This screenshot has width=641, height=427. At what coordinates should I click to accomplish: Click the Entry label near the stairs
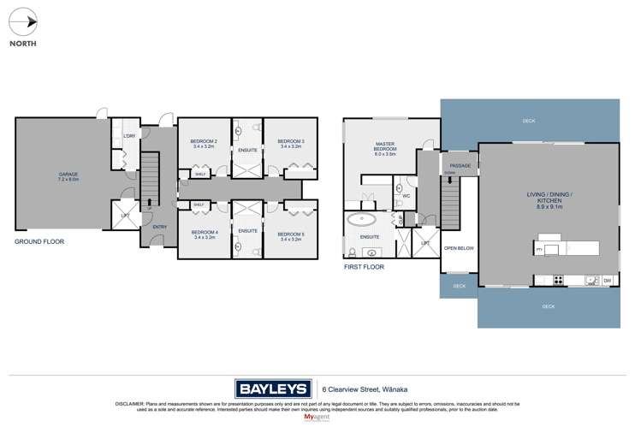coord(159,227)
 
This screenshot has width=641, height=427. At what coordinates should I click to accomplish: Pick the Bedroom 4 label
coord(204,234)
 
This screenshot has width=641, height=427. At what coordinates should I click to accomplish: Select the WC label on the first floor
coord(406,195)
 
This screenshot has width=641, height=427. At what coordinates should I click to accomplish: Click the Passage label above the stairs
coord(459,165)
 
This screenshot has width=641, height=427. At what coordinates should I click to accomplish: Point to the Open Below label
coord(459,248)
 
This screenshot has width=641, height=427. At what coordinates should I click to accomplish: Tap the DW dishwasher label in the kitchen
coord(607,280)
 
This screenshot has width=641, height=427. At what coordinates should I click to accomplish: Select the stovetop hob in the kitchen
coord(558,279)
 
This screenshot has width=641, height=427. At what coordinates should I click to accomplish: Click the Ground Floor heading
coord(39,242)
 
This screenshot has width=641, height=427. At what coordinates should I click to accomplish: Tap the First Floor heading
coord(365,267)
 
